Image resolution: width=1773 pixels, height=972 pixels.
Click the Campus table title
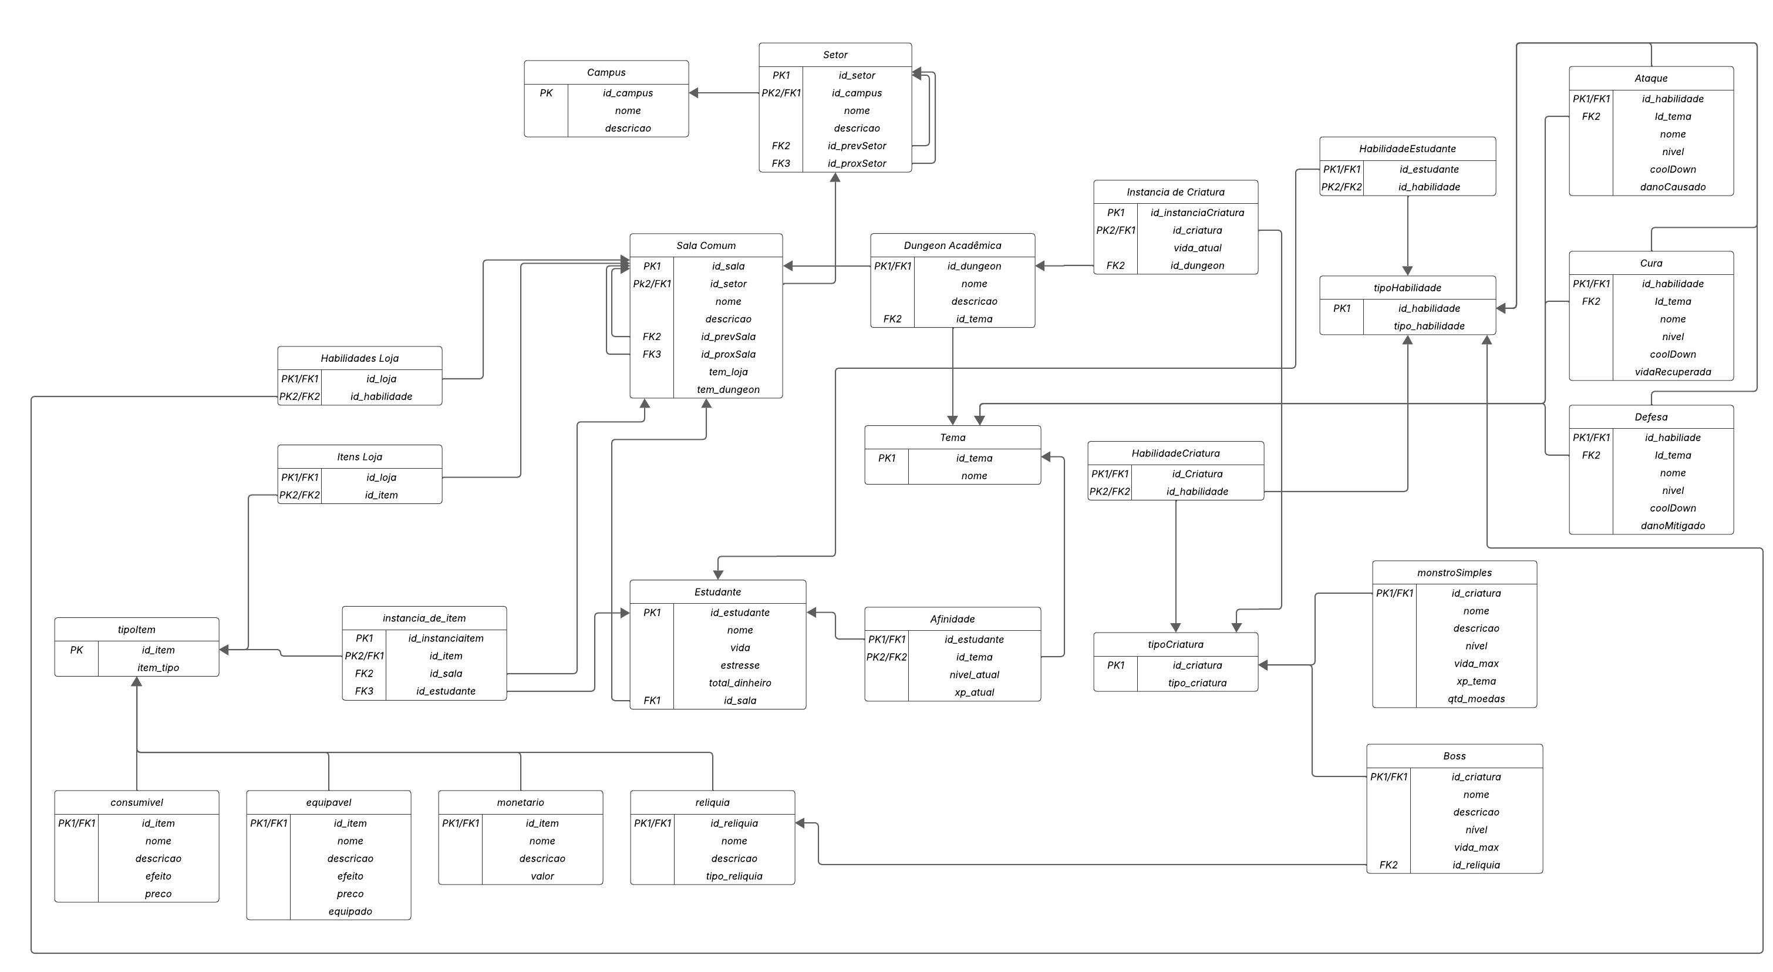click(606, 72)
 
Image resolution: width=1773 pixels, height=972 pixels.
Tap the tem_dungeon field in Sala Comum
click(727, 389)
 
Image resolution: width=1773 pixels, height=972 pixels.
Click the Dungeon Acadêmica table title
click(952, 245)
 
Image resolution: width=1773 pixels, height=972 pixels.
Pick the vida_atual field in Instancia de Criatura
click(1197, 248)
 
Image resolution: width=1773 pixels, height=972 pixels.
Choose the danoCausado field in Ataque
click(1672, 187)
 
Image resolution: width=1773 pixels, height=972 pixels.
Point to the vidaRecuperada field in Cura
click(1672, 372)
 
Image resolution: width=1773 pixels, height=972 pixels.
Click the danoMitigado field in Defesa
click(1672, 526)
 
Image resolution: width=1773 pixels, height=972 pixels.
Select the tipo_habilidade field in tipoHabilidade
click(1428, 327)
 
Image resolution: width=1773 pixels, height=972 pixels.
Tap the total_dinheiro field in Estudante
click(739, 683)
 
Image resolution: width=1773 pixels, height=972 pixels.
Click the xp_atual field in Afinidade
click(973, 692)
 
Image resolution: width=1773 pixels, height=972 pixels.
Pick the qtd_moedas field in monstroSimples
click(1476, 699)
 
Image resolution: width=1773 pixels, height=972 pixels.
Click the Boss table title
click(1454, 756)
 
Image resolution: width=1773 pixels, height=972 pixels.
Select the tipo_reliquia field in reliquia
click(734, 876)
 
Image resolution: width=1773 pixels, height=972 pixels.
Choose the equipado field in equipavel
click(350, 912)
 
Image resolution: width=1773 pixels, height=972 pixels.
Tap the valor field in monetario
click(542, 876)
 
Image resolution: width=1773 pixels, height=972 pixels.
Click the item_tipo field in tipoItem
click(157, 668)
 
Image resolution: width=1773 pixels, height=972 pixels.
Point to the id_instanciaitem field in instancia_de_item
click(446, 639)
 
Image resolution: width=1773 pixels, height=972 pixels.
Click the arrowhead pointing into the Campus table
click(694, 93)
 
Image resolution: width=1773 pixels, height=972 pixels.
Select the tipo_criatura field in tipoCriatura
click(1197, 683)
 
